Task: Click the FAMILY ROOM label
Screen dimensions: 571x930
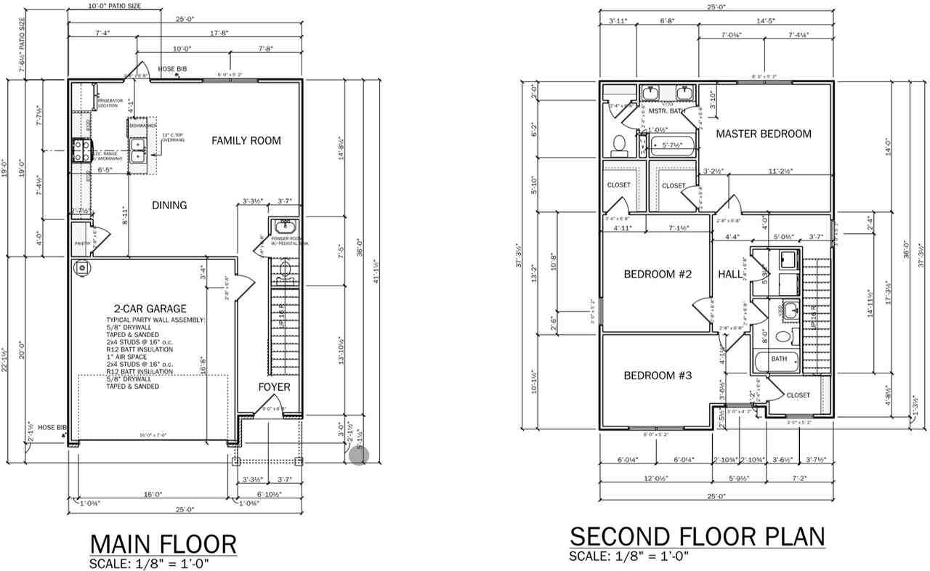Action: click(x=246, y=140)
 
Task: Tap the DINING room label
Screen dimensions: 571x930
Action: click(x=169, y=206)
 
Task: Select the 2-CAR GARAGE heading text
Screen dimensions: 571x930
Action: click(x=145, y=309)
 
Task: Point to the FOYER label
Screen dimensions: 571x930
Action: click(x=274, y=387)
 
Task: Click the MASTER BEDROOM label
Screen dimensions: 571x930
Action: click(x=763, y=134)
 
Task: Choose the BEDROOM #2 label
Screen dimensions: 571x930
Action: click(x=657, y=274)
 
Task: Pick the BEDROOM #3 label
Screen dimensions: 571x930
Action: click(x=657, y=376)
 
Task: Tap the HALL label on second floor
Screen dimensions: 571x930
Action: click(x=730, y=274)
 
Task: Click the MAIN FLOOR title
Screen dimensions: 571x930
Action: click(x=163, y=544)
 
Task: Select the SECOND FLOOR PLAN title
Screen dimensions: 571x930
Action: click(x=697, y=537)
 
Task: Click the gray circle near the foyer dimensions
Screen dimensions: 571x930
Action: click(x=359, y=455)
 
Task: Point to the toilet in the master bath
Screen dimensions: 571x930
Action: click(x=620, y=145)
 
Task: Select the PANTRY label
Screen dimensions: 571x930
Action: click(x=82, y=244)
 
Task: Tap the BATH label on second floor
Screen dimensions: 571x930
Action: click(x=779, y=359)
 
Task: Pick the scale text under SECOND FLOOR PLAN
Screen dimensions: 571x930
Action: click(x=628, y=556)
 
